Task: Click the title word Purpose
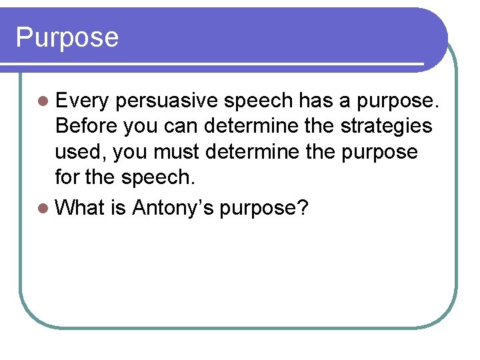click(67, 37)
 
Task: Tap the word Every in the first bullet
click(83, 101)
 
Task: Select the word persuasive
click(168, 101)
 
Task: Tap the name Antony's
click(173, 207)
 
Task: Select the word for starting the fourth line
click(69, 177)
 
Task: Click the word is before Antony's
click(119, 207)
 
